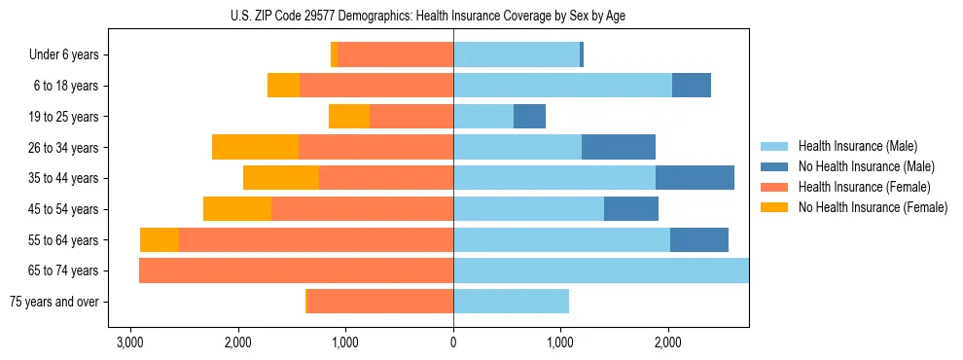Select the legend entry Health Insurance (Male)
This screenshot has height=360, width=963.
857,147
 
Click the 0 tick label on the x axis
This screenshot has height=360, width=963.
453,343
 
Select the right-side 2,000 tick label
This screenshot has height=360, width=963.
667,343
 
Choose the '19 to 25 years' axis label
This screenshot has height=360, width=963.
64,117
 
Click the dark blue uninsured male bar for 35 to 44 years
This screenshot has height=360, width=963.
695,178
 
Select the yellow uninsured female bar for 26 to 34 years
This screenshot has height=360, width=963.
255,147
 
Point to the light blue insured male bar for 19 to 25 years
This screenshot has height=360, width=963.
483,117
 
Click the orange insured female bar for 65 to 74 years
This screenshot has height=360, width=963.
297,270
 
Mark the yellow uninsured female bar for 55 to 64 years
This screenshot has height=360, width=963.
160,239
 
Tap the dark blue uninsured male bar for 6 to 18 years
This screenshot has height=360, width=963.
691,86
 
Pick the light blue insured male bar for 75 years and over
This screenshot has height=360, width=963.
511,302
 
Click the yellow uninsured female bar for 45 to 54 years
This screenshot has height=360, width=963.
237,209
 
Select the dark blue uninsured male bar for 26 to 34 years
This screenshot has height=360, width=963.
619,147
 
